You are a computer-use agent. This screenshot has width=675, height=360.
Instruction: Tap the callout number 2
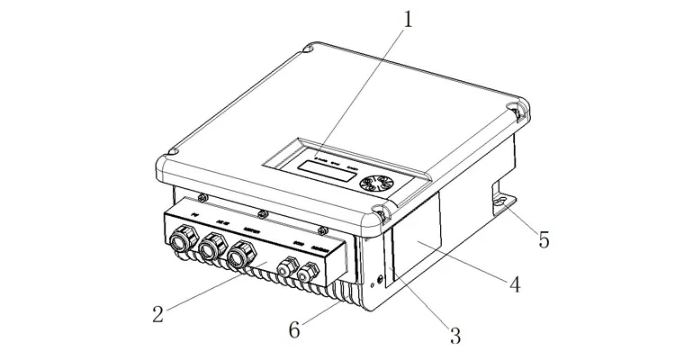pos(158,314)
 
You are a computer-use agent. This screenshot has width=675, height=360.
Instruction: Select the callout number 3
pos(454,337)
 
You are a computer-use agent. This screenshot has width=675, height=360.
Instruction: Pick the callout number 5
pos(544,240)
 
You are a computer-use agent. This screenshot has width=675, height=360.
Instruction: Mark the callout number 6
pos(294,329)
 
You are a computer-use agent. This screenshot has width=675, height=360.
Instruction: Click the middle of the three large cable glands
pos(212,245)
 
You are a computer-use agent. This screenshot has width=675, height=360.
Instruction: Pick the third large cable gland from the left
pos(240,256)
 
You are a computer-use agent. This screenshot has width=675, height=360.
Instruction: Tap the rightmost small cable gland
pos(310,273)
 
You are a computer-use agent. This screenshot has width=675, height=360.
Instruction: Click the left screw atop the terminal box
pos(203,197)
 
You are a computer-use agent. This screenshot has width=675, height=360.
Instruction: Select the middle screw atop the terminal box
pos(262,214)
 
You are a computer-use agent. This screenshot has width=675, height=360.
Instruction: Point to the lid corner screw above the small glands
pos(382,214)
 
